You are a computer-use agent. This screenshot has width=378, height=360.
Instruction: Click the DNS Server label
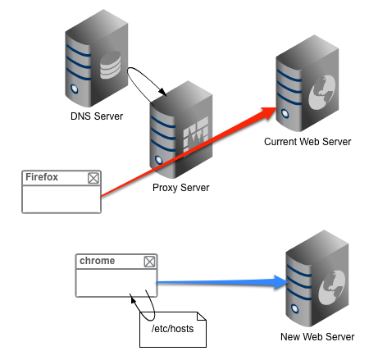click(97, 116)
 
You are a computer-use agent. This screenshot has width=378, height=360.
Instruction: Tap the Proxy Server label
click(181, 188)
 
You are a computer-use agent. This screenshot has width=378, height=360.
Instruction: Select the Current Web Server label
click(307, 142)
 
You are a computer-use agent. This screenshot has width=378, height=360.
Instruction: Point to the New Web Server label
click(317, 337)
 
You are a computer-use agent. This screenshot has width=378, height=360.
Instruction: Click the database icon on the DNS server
click(110, 65)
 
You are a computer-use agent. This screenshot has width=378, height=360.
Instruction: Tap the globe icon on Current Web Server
click(322, 93)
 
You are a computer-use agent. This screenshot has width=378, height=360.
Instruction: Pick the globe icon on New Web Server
click(332, 288)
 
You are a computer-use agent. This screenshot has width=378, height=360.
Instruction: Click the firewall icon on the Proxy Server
click(196, 134)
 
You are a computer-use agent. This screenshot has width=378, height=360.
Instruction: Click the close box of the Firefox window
click(93, 178)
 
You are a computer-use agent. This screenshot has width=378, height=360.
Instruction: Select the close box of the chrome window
click(149, 262)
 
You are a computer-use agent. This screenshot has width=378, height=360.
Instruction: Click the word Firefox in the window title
click(42, 177)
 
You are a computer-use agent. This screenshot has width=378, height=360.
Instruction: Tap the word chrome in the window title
click(98, 261)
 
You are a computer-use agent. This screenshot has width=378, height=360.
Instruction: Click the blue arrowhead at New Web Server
click(280, 282)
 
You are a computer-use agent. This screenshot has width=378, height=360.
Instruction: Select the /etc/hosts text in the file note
click(173, 329)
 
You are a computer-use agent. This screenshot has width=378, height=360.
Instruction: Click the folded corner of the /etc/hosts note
click(202, 317)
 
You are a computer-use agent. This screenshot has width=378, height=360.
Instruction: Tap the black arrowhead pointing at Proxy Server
click(163, 92)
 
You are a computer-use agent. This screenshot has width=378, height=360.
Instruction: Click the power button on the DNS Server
click(75, 89)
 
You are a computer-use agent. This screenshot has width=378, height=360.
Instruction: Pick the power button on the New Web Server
click(295, 309)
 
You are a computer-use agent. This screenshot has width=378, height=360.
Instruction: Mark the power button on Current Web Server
click(285, 114)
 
